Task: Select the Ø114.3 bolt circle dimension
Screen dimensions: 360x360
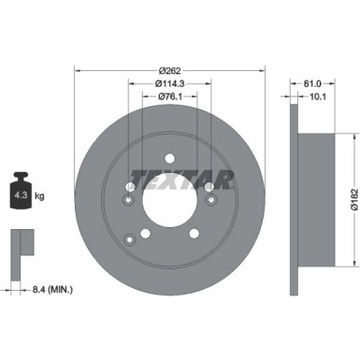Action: (169, 83)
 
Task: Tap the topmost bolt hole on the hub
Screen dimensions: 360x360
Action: (169, 160)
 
